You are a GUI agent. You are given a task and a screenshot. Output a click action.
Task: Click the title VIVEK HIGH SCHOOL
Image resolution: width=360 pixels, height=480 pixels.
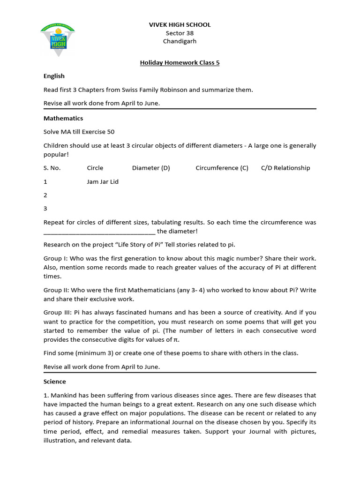tap(180, 24)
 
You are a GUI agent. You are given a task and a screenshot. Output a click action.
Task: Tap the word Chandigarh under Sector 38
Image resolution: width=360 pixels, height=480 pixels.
tap(180, 41)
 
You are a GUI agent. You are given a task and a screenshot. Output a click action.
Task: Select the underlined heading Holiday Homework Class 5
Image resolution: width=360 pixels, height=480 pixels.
tap(180, 62)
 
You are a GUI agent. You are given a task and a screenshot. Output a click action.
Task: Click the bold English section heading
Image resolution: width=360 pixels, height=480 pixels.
tap(54, 76)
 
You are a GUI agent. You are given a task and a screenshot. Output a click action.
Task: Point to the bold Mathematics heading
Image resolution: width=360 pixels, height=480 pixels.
tap(63, 119)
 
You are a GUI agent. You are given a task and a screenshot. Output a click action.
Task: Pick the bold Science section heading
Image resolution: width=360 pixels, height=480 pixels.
tap(55, 382)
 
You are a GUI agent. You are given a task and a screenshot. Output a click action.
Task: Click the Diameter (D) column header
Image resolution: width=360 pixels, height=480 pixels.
tap(151, 168)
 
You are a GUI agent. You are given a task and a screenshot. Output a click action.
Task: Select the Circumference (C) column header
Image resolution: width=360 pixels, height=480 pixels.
tap(222, 168)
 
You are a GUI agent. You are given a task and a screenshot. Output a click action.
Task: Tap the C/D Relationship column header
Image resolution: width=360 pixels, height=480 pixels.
tap(285, 168)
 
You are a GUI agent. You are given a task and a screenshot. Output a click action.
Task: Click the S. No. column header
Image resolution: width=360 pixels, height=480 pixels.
tap(52, 168)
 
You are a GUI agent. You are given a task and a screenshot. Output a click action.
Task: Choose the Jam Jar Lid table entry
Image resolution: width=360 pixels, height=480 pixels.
tap(103, 182)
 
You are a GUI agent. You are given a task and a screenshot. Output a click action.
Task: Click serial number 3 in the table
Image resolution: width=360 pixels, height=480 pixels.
tap(45, 209)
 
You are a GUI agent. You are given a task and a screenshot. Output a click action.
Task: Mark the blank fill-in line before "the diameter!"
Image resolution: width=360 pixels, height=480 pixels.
tap(99, 232)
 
